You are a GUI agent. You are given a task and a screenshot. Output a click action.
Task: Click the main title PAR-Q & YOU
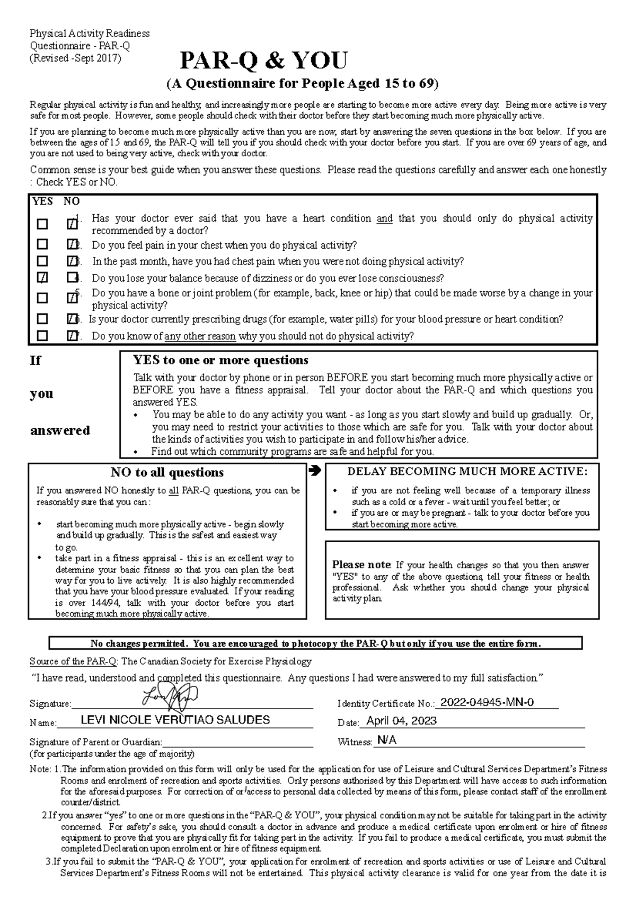point(263,61)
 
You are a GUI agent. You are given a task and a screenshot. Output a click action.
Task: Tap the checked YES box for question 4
point(42,277)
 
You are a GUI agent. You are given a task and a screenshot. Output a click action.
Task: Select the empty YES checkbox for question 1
point(42,224)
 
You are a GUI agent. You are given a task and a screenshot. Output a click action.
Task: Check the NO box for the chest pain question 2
point(72,244)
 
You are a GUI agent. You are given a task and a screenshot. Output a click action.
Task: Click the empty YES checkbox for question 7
point(42,336)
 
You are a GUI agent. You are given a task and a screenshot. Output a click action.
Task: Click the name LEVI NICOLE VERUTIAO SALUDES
point(175,720)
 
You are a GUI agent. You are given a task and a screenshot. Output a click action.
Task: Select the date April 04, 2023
point(401,720)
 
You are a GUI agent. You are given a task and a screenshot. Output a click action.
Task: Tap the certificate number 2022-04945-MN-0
point(487,703)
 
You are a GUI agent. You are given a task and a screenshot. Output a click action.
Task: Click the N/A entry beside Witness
point(385,740)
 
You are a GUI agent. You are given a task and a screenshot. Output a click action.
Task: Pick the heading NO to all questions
point(167,472)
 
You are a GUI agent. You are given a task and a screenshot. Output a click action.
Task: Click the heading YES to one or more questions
point(220,360)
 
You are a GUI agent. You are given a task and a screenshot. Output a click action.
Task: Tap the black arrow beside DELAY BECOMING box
point(314,470)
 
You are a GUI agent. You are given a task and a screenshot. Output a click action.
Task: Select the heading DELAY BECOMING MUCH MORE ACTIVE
point(467,471)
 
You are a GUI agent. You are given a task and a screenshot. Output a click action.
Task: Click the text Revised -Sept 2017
point(75,58)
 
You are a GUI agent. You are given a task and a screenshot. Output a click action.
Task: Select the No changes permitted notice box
point(315,643)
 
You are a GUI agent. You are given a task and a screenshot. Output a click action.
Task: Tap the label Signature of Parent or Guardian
point(95,742)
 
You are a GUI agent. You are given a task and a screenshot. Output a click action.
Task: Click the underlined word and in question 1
point(384,218)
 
